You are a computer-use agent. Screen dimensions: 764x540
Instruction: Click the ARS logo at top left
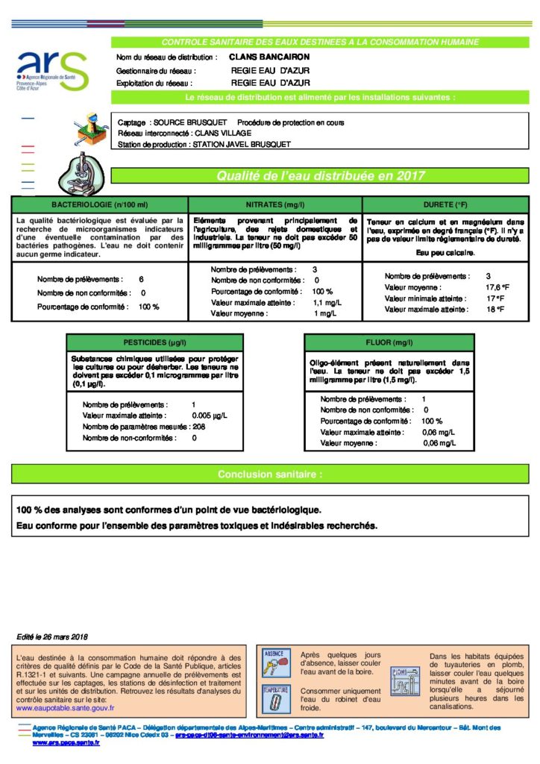tap(51, 70)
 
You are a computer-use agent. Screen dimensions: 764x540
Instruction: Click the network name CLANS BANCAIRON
tap(269, 57)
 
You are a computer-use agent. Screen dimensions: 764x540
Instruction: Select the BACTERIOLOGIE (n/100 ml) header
tap(99, 204)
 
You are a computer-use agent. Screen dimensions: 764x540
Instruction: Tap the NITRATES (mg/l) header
tap(275, 204)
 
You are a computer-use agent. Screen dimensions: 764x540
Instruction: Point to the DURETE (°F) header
tap(445, 204)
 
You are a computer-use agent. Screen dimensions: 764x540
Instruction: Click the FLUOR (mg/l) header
tap(389, 342)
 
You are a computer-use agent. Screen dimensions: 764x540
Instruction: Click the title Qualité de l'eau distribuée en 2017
tap(321, 176)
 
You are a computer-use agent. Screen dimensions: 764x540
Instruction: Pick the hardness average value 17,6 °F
tap(497, 287)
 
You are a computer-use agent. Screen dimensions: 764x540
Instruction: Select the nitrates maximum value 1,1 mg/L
tap(326, 303)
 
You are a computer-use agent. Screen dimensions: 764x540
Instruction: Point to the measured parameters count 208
tap(198, 426)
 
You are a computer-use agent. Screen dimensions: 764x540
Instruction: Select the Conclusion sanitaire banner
tap(270, 474)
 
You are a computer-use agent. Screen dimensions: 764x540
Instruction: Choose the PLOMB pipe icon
tap(405, 680)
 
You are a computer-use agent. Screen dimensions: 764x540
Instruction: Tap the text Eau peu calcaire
tap(445, 254)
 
